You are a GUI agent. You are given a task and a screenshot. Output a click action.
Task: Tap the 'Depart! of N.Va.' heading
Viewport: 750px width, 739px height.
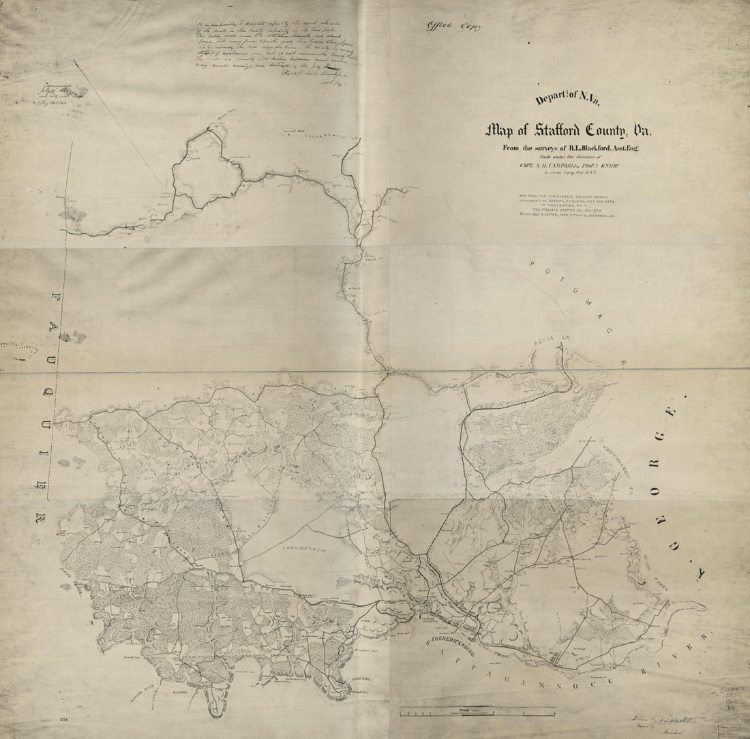[x=558, y=98]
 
